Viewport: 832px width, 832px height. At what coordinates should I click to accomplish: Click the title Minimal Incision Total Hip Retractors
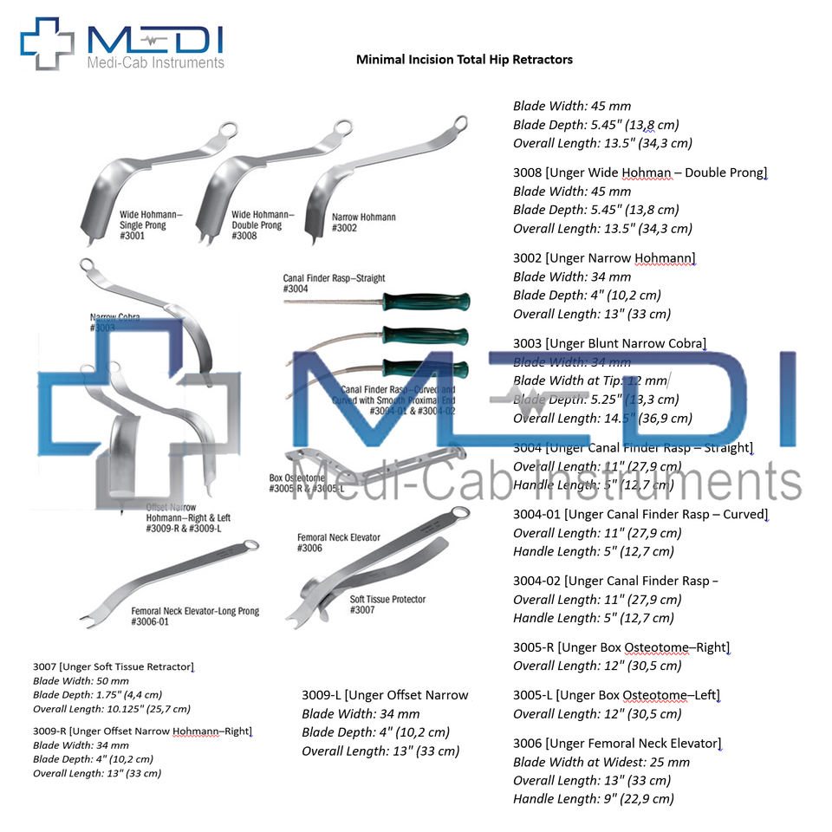[x=465, y=60]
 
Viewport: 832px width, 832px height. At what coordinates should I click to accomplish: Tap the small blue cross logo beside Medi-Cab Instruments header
[x=48, y=43]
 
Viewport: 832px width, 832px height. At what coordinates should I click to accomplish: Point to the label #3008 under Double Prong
[x=244, y=236]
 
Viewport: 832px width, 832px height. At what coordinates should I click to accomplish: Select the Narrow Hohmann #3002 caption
[x=363, y=222]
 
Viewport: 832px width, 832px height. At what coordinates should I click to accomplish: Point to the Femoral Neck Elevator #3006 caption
[x=338, y=543]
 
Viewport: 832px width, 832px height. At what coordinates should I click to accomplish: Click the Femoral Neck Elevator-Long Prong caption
[x=183, y=616]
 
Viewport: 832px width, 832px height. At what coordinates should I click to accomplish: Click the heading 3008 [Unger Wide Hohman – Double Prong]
[x=640, y=172]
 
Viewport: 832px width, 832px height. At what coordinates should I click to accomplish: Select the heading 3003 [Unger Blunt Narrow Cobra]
[x=609, y=344]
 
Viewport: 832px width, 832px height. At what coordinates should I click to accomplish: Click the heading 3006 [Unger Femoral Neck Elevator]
[x=616, y=744]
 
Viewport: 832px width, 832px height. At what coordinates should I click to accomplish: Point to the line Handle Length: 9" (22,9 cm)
[x=593, y=799]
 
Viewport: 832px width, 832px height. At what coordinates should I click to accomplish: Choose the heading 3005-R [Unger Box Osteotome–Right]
[x=621, y=647]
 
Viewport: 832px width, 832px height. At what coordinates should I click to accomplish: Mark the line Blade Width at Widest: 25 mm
[x=601, y=762]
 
